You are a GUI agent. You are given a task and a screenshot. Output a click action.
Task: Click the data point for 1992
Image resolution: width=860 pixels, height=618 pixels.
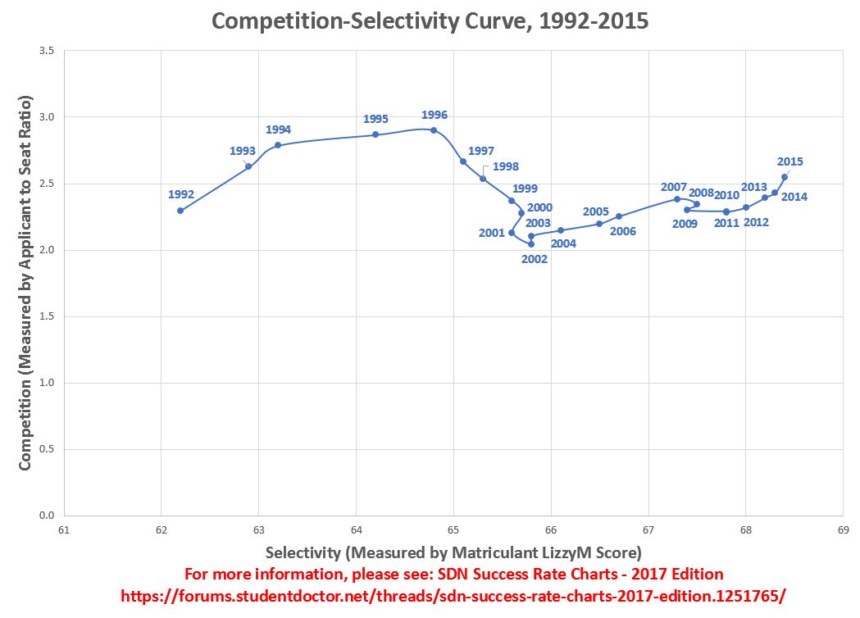pyautogui.click(x=180, y=211)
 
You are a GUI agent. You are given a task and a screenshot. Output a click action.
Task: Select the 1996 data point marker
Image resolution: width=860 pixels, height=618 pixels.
pyautogui.click(x=434, y=130)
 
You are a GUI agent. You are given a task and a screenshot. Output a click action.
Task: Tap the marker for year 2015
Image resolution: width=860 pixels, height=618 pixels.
pyautogui.click(x=785, y=177)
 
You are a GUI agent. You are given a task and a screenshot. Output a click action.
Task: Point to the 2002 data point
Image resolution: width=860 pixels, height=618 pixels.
pyautogui.click(x=531, y=244)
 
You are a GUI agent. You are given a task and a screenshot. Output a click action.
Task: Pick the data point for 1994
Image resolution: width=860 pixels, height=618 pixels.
pyautogui.click(x=278, y=145)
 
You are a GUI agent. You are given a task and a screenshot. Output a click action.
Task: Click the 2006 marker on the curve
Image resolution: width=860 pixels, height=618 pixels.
pyautogui.click(x=619, y=216)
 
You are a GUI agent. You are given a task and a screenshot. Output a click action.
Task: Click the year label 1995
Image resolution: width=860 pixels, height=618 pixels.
pyautogui.click(x=375, y=119)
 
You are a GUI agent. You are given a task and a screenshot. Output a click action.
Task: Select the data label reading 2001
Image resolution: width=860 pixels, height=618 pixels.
pyautogui.click(x=491, y=233)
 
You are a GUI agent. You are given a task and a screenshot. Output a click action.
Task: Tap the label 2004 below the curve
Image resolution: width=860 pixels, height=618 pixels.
pyautogui.click(x=563, y=243)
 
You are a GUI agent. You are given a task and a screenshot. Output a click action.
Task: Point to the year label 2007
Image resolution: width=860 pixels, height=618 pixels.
pyautogui.click(x=674, y=187)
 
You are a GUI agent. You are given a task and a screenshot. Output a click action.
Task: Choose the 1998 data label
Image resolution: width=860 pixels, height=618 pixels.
pyautogui.click(x=506, y=166)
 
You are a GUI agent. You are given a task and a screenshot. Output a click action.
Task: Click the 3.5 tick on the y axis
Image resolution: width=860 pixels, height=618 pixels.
pyautogui.click(x=47, y=51)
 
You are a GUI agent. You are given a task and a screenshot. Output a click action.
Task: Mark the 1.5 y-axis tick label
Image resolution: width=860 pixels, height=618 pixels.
pyautogui.click(x=47, y=316)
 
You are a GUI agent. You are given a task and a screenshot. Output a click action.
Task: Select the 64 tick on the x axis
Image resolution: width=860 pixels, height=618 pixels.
pyautogui.click(x=356, y=529)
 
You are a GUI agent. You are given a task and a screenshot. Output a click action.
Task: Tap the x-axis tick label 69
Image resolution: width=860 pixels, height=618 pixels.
pyautogui.click(x=843, y=529)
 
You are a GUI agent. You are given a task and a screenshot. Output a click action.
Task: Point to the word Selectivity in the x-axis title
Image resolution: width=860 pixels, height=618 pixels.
pyautogui.click(x=303, y=552)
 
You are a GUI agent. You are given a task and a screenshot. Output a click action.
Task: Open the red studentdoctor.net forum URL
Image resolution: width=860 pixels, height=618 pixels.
pyautogui.click(x=453, y=596)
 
